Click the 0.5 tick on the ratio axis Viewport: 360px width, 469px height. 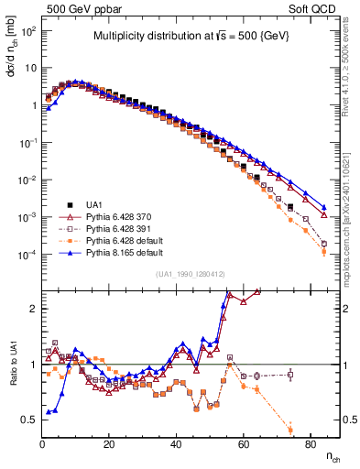(29, 420)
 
